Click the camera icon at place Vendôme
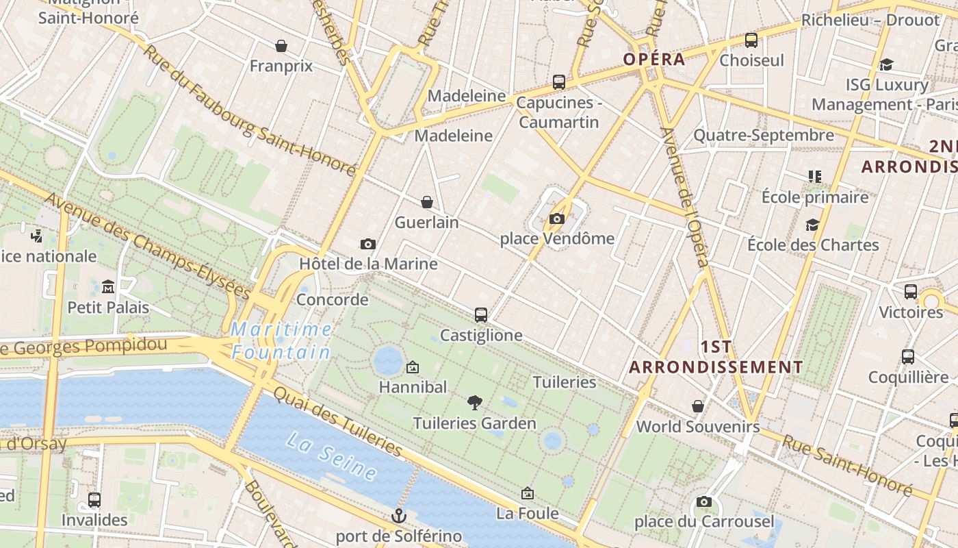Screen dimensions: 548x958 point(557,219)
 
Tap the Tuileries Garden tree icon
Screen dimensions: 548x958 point(474,403)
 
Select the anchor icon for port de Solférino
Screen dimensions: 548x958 point(398,515)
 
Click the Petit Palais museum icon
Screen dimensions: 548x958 point(108,286)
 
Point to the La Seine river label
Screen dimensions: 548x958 point(331,455)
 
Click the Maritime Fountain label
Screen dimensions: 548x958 point(281,341)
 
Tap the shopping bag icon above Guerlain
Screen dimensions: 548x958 point(427,202)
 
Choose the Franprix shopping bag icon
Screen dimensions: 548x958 point(281,46)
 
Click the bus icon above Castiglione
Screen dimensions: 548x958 point(481,315)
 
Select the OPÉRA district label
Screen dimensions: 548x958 point(653,59)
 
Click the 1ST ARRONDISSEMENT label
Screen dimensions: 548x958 point(716,357)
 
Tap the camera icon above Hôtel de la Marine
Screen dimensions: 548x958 point(368,244)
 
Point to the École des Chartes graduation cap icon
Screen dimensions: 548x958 point(812,225)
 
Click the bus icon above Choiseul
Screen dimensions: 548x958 point(751,40)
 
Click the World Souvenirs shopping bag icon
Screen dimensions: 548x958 point(698,407)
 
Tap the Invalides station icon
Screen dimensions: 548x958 point(94,500)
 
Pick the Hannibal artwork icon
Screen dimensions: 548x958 point(413,368)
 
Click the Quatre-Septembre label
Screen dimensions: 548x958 point(764,135)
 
